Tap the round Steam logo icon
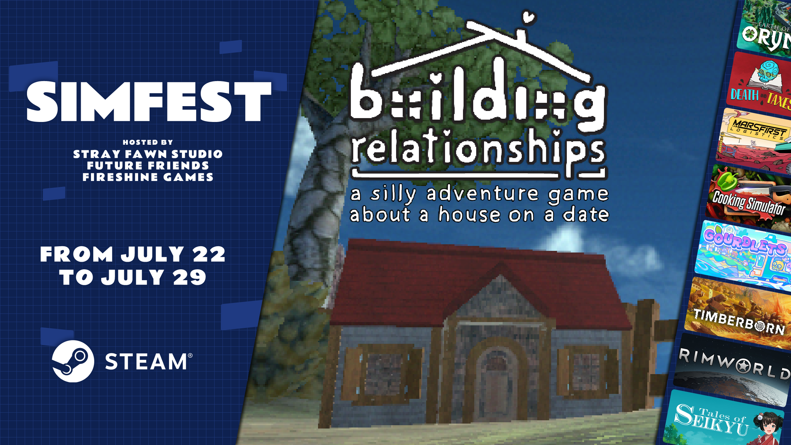[x=73, y=361]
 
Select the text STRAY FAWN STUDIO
[x=148, y=154]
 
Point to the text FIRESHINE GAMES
[x=148, y=177]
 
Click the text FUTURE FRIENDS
[x=148, y=165]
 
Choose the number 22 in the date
[x=209, y=254]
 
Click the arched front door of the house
[x=497, y=382]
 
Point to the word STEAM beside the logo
[x=146, y=362]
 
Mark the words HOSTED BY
[x=148, y=142]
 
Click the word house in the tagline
[x=470, y=215]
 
